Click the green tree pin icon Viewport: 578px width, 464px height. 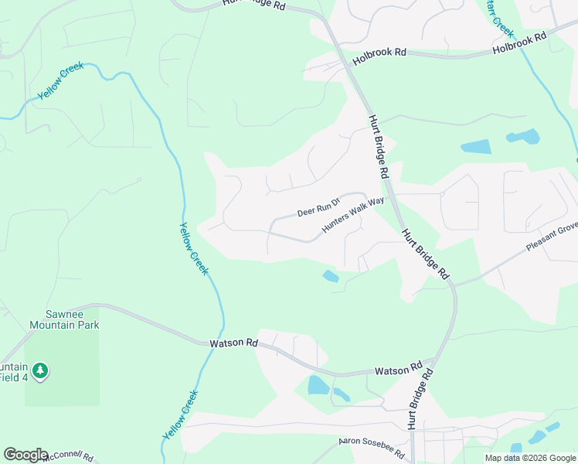[40, 371]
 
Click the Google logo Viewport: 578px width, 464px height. [25, 455]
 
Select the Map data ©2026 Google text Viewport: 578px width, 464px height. [530, 458]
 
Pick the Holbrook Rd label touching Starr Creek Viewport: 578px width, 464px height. [519, 43]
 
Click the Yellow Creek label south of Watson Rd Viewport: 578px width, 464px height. [181, 415]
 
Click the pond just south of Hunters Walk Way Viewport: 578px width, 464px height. [331, 275]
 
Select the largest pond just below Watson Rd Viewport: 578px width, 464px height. [318, 384]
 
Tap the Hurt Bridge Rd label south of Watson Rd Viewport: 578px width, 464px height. [418, 399]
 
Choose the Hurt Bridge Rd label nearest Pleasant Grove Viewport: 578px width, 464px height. [424, 254]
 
